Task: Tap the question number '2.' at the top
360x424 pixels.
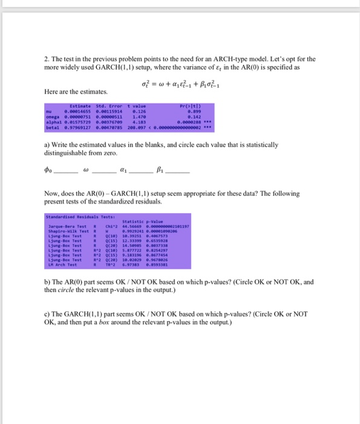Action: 47,59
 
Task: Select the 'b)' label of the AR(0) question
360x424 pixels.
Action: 47,282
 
